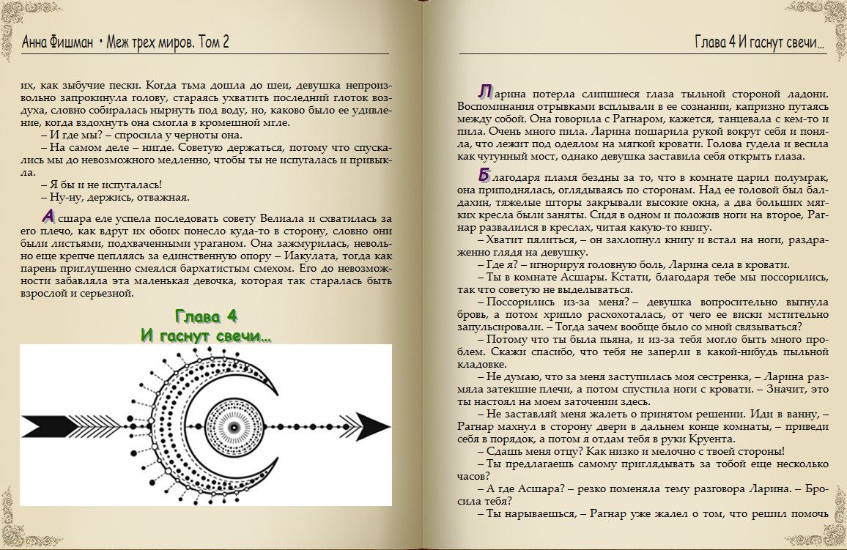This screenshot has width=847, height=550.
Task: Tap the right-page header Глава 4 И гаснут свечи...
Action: pyautogui.click(x=759, y=42)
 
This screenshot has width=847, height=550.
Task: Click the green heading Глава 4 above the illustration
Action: pyautogui.click(x=206, y=316)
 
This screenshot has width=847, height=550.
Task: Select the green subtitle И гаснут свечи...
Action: pyautogui.click(x=206, y=335)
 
